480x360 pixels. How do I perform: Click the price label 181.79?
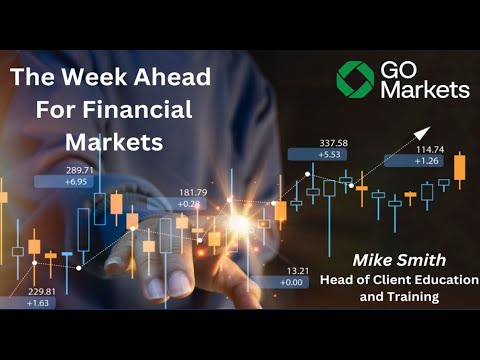click(x=193, y=192)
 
